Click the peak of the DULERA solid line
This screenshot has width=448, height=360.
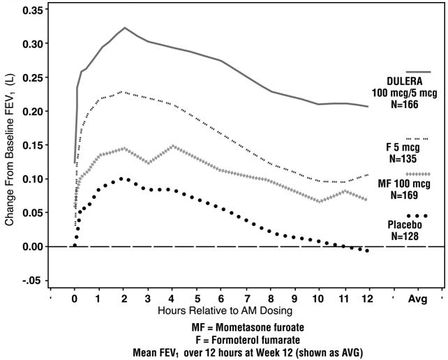point(124,28)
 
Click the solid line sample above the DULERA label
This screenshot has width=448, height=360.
point(418,72)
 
